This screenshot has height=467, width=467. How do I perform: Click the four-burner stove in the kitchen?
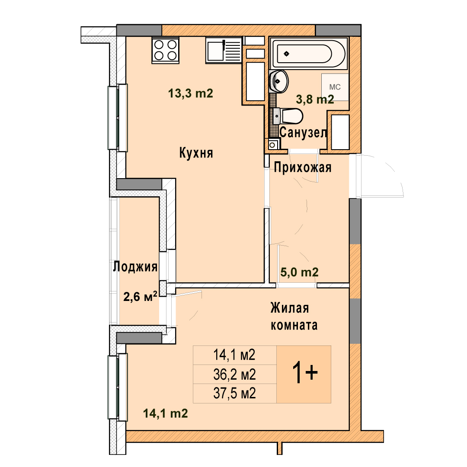point(165,50)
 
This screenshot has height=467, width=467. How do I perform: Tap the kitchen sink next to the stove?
point(224,50)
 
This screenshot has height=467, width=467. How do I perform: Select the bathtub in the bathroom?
point(309,53)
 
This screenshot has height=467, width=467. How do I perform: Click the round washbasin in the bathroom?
point(279,81)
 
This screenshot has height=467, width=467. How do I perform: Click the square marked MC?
point(335,87)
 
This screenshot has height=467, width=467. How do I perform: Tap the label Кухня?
point(196,153)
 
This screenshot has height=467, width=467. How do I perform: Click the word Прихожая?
point(303,167)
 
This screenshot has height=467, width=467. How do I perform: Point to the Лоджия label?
point(135,266)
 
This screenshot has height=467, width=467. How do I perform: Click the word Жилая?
point(289,308)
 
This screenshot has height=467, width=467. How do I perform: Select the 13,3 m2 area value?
point(191,93)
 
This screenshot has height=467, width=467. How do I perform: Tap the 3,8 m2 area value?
point(315,99)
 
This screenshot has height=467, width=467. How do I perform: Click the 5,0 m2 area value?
point(299,272)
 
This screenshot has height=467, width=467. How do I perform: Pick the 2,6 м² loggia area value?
point(140,297)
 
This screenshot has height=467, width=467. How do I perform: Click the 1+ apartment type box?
point(304,374)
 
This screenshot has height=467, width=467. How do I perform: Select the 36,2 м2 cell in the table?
point(235,374)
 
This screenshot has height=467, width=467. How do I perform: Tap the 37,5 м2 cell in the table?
point(235,393)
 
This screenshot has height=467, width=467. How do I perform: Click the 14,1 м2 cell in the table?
point(235,355)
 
